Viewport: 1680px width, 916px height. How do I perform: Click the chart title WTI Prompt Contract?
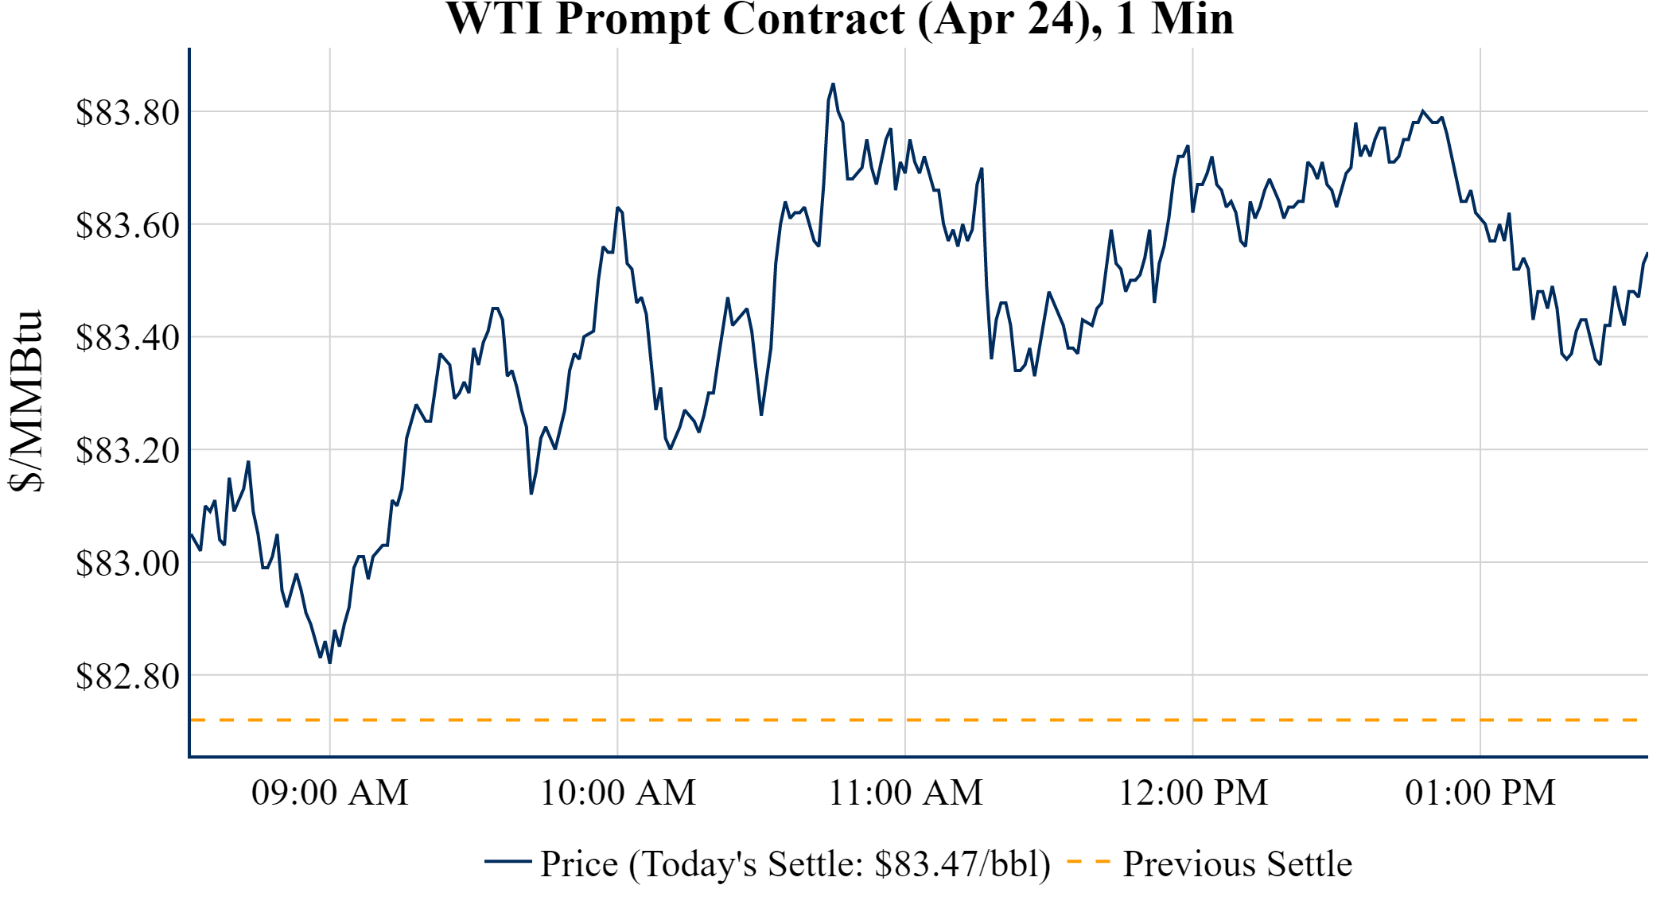click(x=839, y=19)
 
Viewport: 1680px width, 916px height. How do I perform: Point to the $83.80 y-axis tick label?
click(x=127, y=112)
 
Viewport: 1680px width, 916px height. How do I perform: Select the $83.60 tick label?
click(x=127, y=225)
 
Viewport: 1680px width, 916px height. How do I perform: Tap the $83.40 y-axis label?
click(x=127, y=337)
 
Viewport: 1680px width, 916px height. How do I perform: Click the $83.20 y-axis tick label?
click(x=127, y=450)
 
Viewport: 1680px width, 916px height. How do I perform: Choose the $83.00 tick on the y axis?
click(x=127, y=563)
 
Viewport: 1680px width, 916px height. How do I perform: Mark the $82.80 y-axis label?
click(x=127, y=676)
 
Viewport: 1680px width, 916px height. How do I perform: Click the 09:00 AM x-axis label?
click(x=330, y=793)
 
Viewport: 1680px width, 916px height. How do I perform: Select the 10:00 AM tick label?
click(x=618, y=793)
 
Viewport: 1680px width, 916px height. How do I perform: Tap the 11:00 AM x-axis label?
click(x=906, y=793)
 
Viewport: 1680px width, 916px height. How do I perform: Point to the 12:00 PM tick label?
click(x=1193, y=793)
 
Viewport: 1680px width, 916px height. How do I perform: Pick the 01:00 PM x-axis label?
click(x=1480, y=793)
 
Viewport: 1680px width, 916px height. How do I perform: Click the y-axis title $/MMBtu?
click(x=26, y=402)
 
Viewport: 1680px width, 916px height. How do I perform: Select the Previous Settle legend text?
click(x=1237, y=864)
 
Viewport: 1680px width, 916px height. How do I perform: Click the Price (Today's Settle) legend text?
click(x=795, y=864)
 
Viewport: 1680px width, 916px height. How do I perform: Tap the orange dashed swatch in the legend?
click(x=1088, y=861)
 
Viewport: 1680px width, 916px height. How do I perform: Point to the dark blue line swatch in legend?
click(x=507, y=861)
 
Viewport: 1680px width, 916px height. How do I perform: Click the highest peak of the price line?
click(x=833, y=83)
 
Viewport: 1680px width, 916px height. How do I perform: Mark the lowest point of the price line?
click(x=329, y=662)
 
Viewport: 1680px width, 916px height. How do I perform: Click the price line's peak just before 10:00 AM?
click(x=617, y=208)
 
